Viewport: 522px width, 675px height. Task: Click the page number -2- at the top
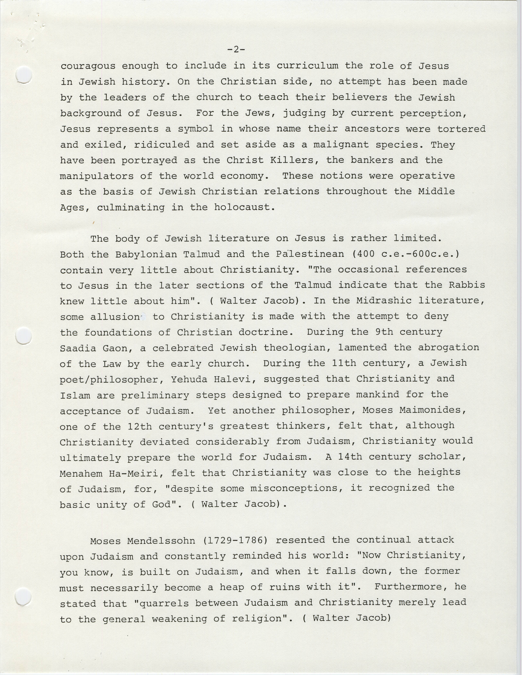(x=236, y=49)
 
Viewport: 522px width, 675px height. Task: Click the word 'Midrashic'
(x=384, y=301)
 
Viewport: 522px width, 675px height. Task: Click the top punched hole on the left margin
(x=24, y=75)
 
